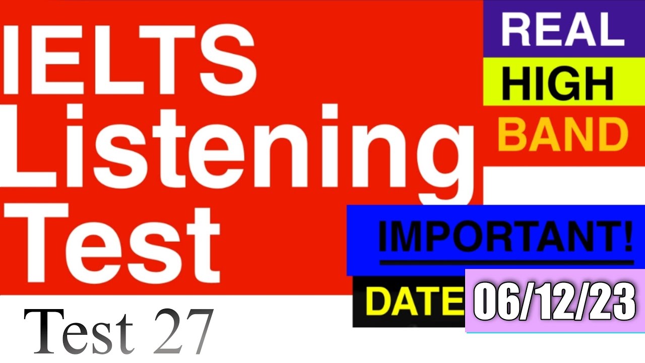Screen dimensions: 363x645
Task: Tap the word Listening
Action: pyautogui.click(x=237, y=151)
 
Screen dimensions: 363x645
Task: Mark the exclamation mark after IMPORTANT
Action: pyautogui.click(x=627, y=237)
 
